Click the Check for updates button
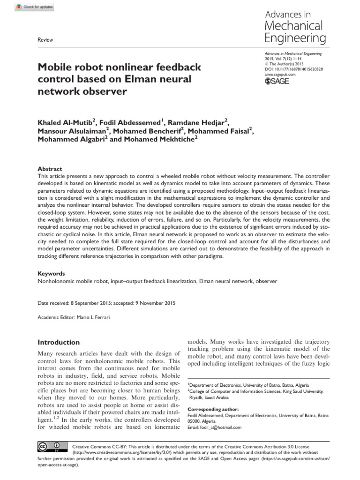35,7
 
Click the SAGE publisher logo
277,81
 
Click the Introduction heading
59,342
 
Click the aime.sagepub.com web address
280,75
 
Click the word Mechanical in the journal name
294,25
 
